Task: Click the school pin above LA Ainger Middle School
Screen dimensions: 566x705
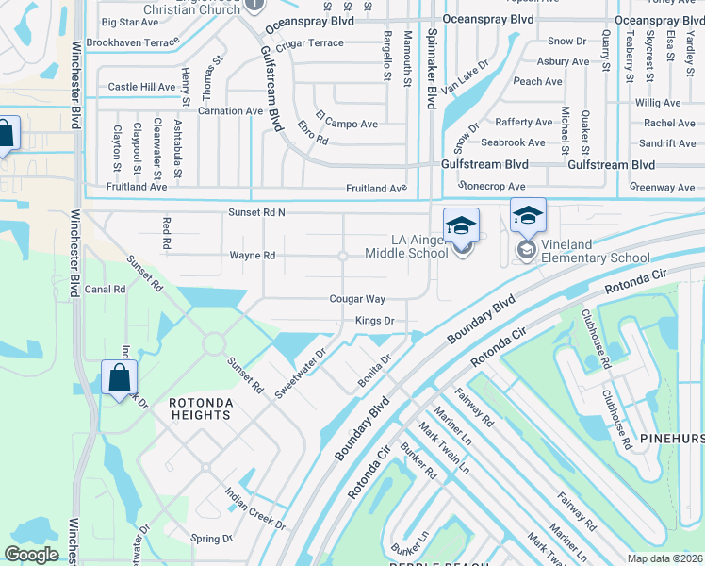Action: pyautogui.click(x=461, y=225)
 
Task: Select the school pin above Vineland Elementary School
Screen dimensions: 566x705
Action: pyautogui.click(x=528, y=216)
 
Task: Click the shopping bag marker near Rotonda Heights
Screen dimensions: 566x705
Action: pyautogui.click(x=120, y=379)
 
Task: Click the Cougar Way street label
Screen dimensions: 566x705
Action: pyautogui.click(x=357, y=299)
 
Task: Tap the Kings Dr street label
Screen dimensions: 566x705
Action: pyautogui.click(x=374, y=322)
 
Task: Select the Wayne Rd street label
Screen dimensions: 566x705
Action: pyautogui.click(x=253, y=256)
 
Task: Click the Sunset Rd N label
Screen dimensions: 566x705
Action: pyautogui.click(x=256, y=213)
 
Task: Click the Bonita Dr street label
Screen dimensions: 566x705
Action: pyautogui.click(x=374, y=371)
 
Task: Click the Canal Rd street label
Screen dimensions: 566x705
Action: pyautogui.click(x=106, y=290)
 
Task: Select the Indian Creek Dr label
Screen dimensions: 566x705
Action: pyautogui.click(x=249, y=505)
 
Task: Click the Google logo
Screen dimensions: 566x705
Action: pyautogui.click(x=31, y=555)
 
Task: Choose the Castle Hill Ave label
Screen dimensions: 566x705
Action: pyautogui.click(x=142, y=87)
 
